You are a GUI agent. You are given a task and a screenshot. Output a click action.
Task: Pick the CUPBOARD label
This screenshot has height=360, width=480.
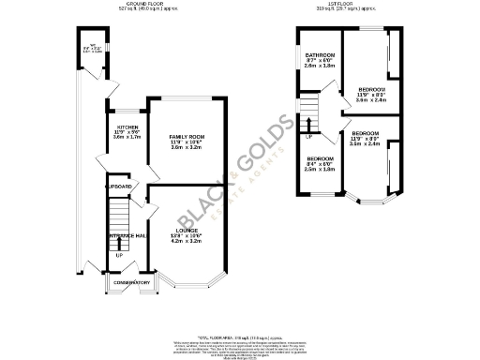pyautogui.click(x=119, y=187)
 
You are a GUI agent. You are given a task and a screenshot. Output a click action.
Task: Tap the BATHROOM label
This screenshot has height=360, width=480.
pyautogui.click(x=320, y=55)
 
